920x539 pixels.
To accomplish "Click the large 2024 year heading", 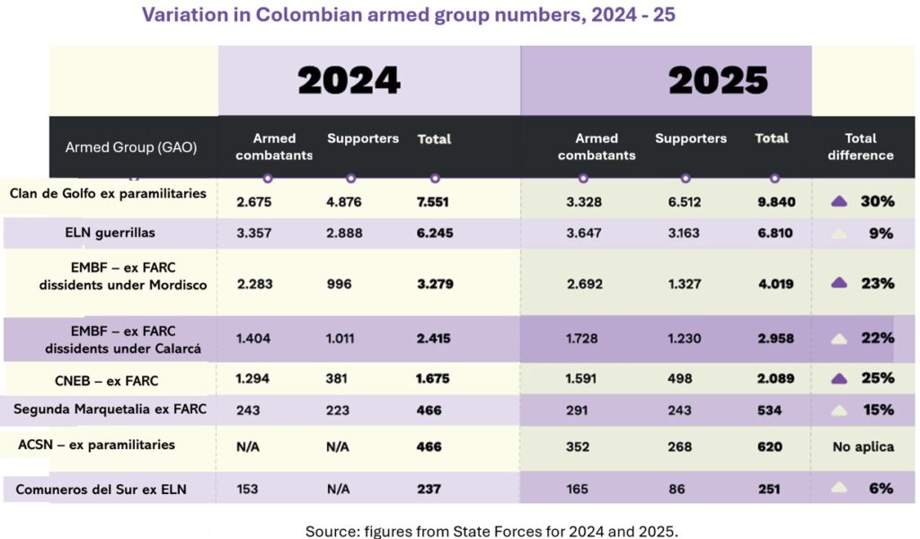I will click(x=349, y=81).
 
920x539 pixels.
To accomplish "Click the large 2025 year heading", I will click(x=718, y=81).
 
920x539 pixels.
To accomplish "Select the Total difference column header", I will click(x=860, y=146).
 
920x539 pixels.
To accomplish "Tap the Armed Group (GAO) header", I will click(x=131, y=147).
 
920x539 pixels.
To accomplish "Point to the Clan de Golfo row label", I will click(x=108, y=193).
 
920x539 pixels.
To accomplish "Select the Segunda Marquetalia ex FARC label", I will click(x=110, y=410).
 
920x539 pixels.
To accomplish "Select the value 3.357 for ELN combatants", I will click(x=253, y=233).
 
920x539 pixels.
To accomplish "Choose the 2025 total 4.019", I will click(x=775, y=283).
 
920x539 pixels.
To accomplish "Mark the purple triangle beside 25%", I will click(x=839, y=378).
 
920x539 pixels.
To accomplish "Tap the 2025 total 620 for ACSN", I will click(x=769, y=446).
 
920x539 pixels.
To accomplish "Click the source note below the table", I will click(x=491, y=530).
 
